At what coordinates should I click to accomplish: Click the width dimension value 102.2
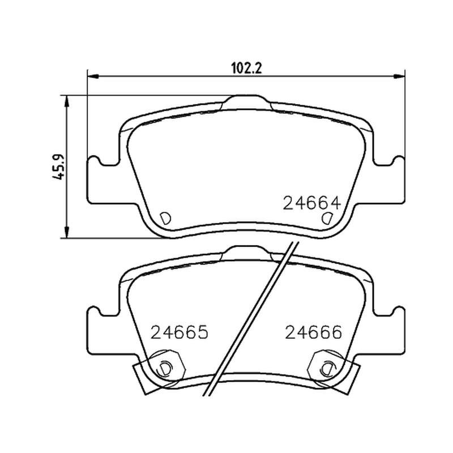(x=247, y=69)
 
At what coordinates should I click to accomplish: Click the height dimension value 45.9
(x=58, y=167)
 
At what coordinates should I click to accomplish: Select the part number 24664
(x=312, y=203)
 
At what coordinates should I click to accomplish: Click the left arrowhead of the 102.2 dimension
(x=93, y=76)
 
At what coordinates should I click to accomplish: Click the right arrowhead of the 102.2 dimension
(x=399, y=76)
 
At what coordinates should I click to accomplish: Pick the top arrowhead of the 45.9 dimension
(x=67, y=101)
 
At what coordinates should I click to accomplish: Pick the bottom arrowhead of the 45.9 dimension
(x=67, y=232)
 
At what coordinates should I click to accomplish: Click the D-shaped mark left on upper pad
(x=165, y=219)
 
